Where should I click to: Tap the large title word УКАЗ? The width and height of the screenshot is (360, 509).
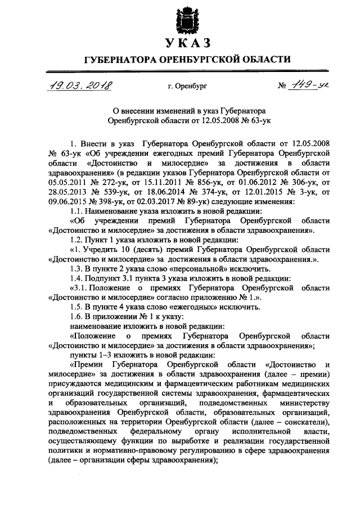[x=180, y=42]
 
